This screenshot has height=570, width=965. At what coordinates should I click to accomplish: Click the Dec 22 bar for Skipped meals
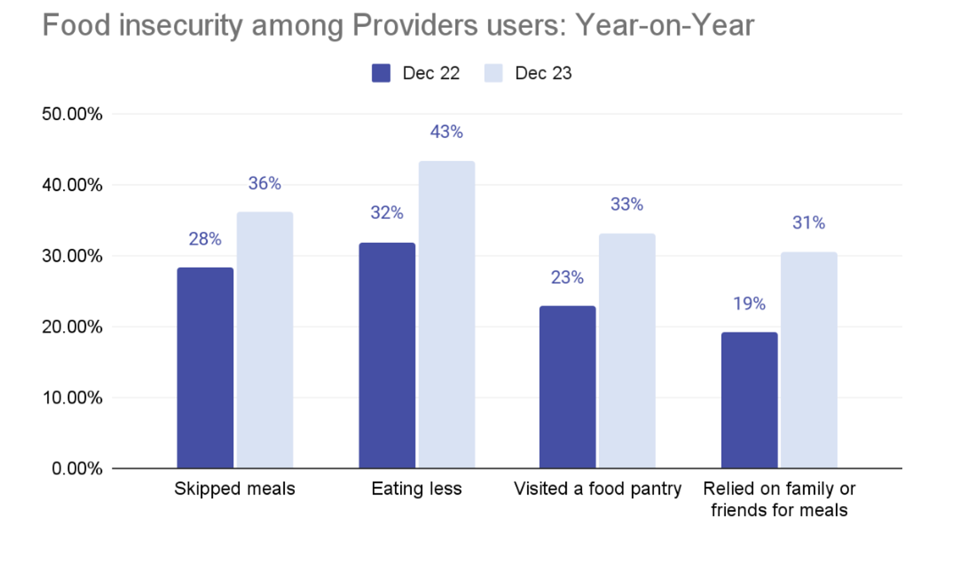point(205,368)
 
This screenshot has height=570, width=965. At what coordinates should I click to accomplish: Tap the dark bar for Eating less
point(387,355)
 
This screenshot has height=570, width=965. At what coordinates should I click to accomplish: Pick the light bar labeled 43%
point(447,314)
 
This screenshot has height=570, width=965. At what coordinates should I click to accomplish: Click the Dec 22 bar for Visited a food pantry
point(567,386)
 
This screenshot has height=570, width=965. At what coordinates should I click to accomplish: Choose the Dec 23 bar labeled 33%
point(627,351)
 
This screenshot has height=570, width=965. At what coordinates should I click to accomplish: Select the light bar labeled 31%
point(809,360)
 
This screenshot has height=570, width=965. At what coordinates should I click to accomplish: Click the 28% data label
point(205,239)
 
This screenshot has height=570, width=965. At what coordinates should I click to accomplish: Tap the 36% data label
point(264,184)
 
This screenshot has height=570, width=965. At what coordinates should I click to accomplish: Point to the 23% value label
point(567,278)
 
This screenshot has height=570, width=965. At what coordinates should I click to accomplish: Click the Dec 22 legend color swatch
point(381,73)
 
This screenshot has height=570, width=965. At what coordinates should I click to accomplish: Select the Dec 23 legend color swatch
point(494,73)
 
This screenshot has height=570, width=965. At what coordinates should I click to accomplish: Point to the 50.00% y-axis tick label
point(72,114)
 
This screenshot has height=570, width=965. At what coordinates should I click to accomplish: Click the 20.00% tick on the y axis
point(72,327)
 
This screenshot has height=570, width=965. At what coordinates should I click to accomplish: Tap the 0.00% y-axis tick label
point(77,469)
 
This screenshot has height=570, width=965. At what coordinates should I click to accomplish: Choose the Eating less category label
point(416,489)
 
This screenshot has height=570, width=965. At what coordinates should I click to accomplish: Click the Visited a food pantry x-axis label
point(598,489)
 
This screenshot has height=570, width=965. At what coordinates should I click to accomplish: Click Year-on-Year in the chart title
point(664,25)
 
